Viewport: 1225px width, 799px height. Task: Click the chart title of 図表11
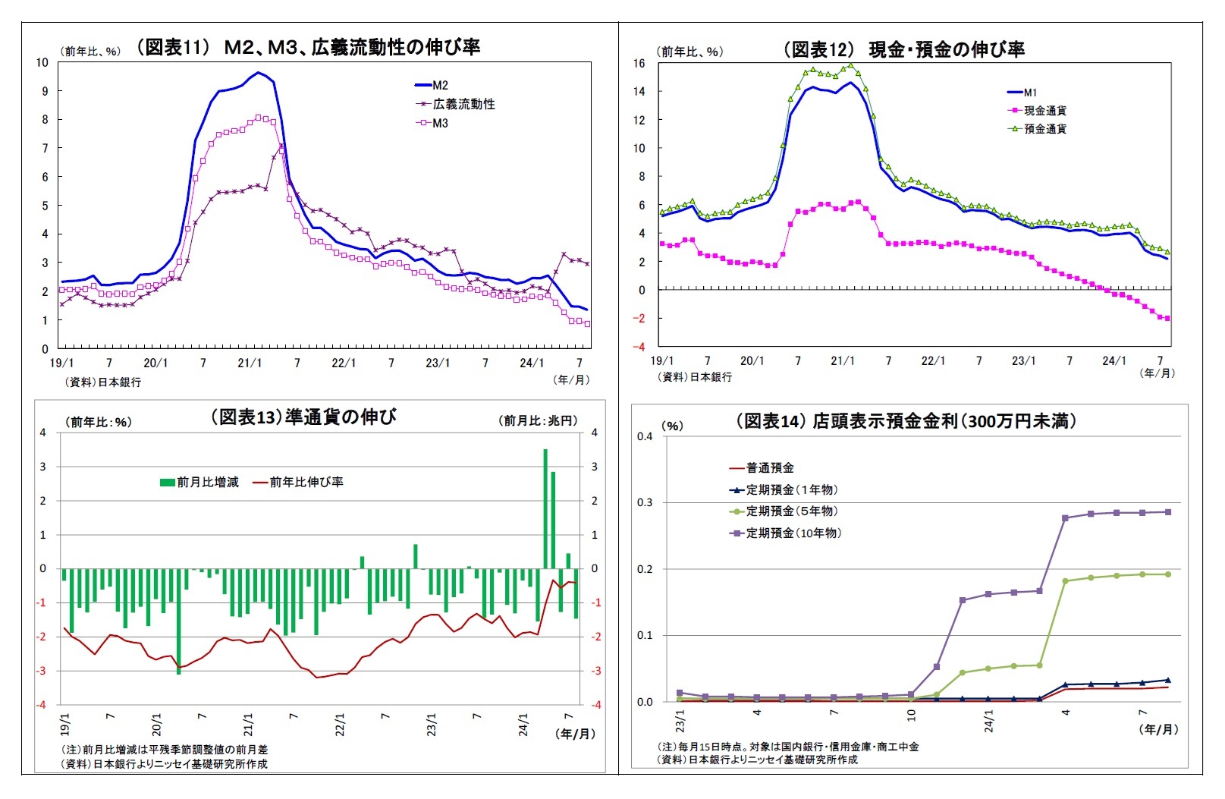[x=307, y=47]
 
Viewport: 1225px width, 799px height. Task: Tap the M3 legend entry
[x=439, y=123]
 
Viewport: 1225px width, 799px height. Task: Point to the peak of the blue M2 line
[x=258, y=73]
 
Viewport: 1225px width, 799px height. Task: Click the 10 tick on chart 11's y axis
[x=42, y=62]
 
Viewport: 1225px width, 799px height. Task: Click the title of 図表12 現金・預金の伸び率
[x=903, y=49]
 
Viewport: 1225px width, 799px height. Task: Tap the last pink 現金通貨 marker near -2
[x=1167, y=319]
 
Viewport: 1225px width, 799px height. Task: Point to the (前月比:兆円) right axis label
[x=538, y=420]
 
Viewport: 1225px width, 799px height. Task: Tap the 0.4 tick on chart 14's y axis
[x=645, y=436]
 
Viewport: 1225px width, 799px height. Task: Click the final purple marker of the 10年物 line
[x=1167, y=512]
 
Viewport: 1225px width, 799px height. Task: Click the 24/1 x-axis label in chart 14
[x=988, y=720]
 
